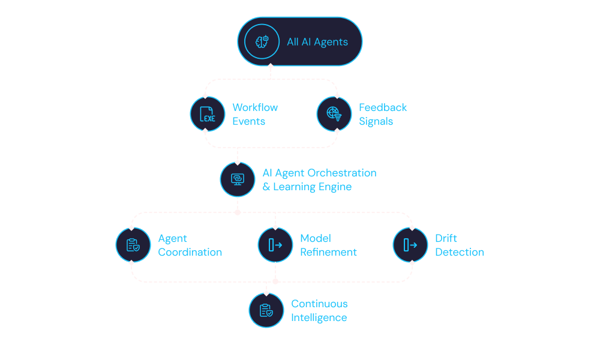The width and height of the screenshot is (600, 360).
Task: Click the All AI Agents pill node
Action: [299, 41]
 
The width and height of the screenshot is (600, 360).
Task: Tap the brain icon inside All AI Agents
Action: [262, 41]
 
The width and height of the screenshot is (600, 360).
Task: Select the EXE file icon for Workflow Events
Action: [208, 114]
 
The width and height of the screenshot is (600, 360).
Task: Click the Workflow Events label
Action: [255, 114]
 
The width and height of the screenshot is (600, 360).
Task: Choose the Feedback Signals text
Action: [383, 114]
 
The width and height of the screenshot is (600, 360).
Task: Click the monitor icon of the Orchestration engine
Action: [238, 179]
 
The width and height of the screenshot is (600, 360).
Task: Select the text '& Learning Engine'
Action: [307, 187]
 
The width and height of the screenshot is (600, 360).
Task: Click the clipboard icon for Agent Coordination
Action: [133, 245]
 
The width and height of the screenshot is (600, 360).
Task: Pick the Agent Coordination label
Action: [190, 245]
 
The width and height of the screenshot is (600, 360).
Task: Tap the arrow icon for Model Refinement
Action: [275, 245]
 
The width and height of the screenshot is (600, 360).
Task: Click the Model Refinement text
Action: [328, 245]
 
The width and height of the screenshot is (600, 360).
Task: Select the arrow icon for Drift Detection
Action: [410, 245]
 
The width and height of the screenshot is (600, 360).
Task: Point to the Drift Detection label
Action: [460, 245]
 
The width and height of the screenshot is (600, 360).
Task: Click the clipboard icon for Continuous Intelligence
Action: [266, 310]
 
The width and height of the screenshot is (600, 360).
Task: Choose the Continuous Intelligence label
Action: [320, 310]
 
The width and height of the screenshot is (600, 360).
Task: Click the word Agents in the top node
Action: [331, 42]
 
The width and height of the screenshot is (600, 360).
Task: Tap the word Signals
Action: [376, 121]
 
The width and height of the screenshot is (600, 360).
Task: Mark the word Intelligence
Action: [319, 317]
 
